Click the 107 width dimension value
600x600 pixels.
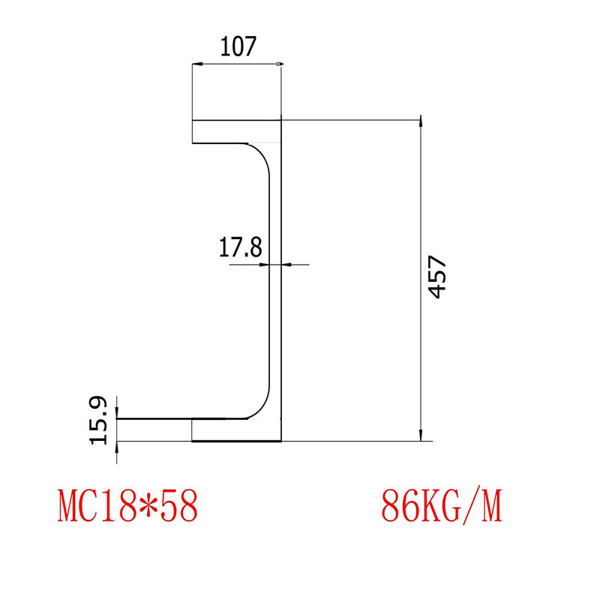click(238, 47)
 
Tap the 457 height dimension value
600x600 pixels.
click(438, 277)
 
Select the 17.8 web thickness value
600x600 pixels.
click(240, 247)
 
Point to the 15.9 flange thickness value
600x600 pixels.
click(100, 420)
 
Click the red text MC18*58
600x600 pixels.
click(128, 506)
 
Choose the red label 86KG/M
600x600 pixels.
click(441, 506)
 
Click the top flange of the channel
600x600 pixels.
click(236, 131)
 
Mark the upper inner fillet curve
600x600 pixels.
click(261, 154)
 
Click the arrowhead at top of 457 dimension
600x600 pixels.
click(421, 124)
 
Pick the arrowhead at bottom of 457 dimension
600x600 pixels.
click(421, 435)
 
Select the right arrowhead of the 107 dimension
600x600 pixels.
click(278, 65)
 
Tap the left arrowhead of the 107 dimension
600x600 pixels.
click(196, 65)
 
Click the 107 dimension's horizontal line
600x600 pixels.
click(237, 65)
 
